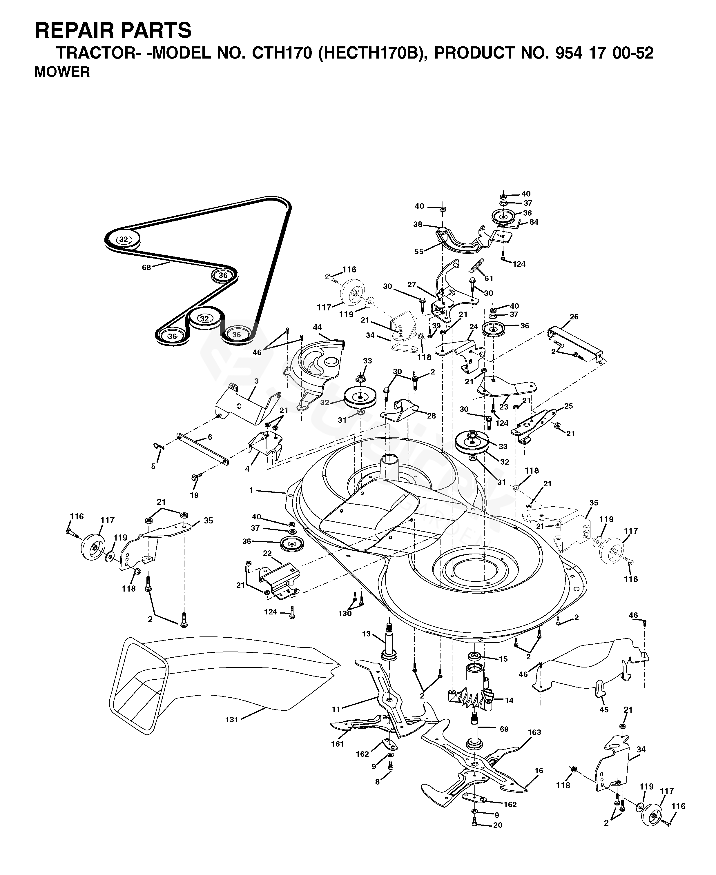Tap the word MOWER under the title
point(62,72)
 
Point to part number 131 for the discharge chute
point(232,720)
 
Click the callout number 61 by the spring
point(489,279)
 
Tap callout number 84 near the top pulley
point(534,222)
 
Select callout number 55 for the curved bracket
point(419,251)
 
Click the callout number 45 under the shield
point(604,710)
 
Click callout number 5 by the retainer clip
point(153,466)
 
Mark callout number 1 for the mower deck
point(251,490)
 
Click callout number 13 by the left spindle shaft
point(367,634)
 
